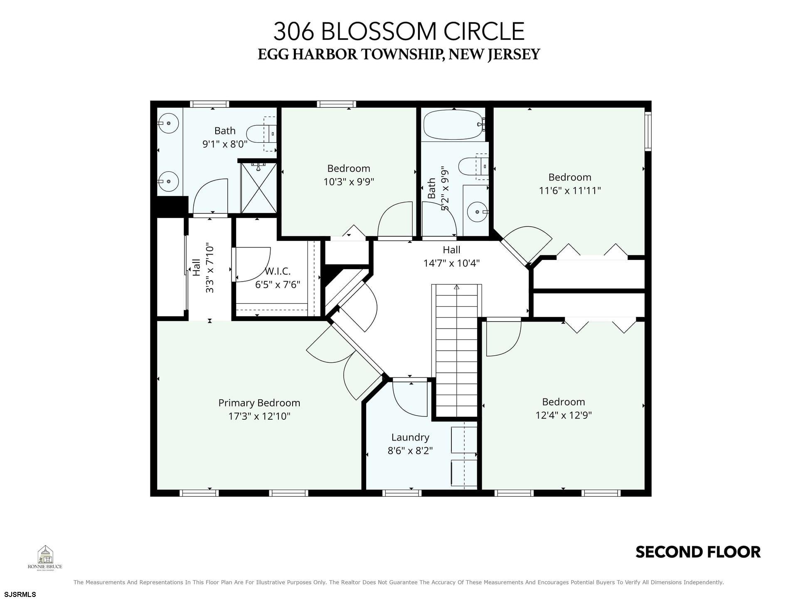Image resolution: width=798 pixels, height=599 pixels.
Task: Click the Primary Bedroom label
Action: (259, 403)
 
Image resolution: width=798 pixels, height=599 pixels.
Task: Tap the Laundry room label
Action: (410, 437)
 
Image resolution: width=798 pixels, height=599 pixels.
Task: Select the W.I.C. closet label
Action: (278, 271)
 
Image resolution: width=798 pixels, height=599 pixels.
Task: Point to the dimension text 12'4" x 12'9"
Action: (564, 415)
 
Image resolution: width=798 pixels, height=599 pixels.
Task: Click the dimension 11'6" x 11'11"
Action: (570, 191)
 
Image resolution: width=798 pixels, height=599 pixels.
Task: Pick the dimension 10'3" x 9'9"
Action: (349, 182)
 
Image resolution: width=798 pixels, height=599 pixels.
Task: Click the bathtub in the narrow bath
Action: (454, 124)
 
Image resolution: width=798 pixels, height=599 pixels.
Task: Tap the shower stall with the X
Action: (259, 188)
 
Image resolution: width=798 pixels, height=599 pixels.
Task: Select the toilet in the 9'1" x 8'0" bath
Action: (262, 134)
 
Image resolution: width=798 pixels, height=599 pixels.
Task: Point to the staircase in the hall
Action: (456, 351)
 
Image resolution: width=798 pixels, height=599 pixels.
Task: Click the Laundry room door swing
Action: (410, 399)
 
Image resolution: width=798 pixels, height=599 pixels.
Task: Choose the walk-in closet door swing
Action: (252, 265)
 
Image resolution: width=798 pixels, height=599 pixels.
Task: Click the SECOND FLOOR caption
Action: (698, 552)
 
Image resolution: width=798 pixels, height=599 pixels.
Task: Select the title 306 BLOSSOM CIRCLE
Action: (399, 31)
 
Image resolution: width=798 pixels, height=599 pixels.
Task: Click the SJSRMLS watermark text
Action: (20, 594)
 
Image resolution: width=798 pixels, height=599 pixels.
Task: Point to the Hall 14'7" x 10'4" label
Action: (451, 256)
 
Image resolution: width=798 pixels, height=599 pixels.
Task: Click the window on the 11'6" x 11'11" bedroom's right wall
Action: (648, 131)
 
